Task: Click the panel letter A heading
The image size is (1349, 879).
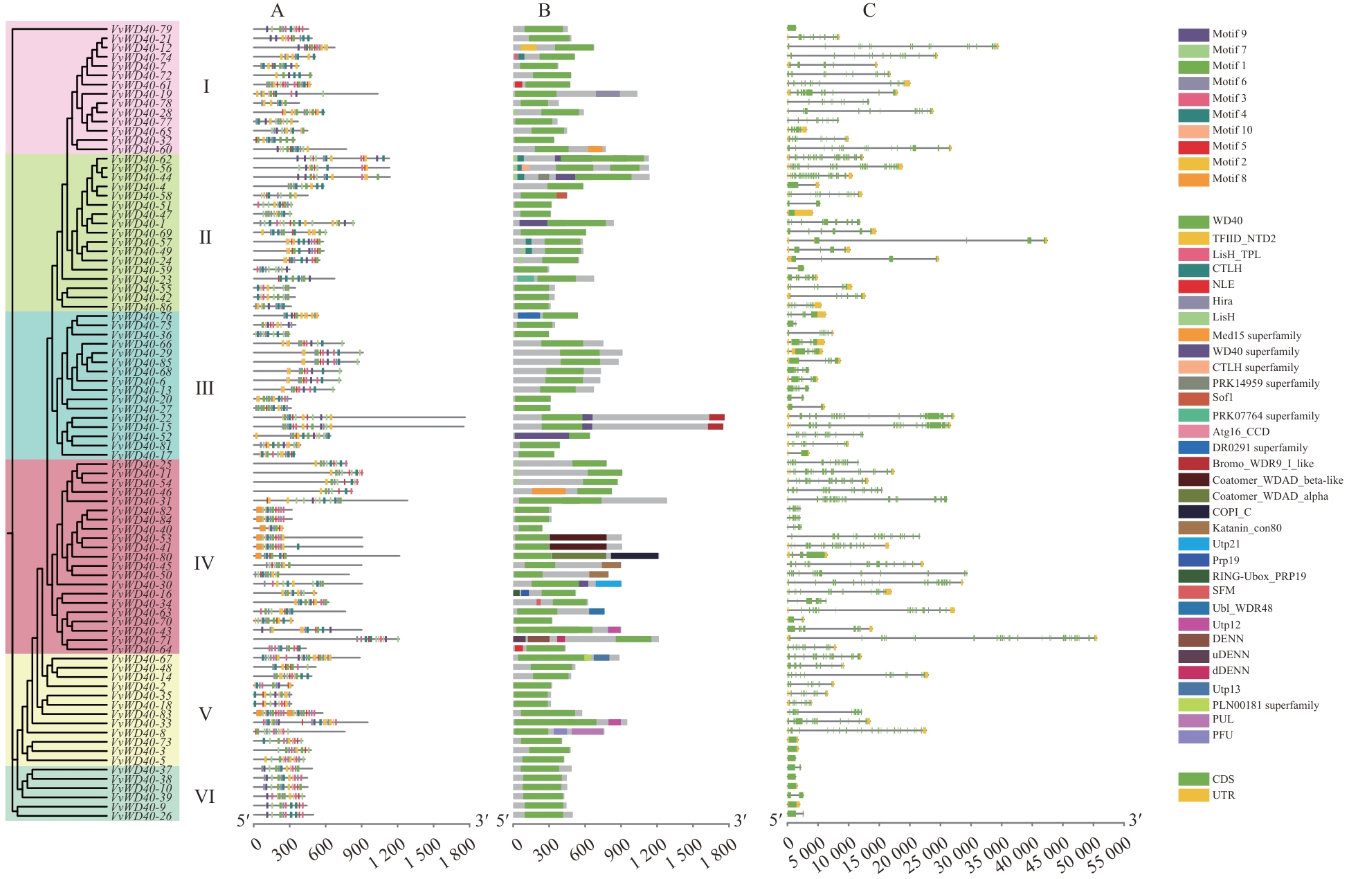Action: (x=278, y=10)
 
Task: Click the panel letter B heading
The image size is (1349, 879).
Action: (x=545, y=10)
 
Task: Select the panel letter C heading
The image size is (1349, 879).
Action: (x=869, y=10)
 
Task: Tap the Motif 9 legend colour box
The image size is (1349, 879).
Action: (x=1193, y=34)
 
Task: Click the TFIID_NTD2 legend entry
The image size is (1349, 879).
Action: (x=1243, y=238)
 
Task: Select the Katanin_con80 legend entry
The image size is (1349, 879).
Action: (x=1247, y=528)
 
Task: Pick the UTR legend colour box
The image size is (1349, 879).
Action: (x=1193, y=795)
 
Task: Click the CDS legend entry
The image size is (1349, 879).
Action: (x=1223, y=779)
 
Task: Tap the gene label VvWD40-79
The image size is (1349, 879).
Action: (x=141, y=30)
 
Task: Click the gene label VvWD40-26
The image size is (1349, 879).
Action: (x=141, y=816)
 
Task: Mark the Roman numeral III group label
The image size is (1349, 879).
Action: (x=205, y=388)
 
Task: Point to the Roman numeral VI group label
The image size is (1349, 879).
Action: (x=205, y=797)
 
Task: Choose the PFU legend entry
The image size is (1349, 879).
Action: (x=1222, y=735)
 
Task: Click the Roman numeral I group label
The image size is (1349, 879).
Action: (x=206, y=87)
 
